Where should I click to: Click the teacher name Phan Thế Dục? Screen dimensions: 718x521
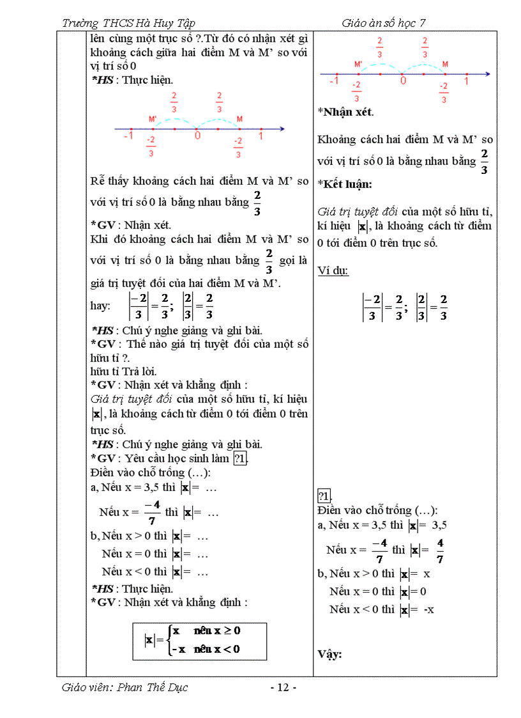tap(125, 688)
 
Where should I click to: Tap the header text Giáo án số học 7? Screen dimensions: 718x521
tap(383, 24)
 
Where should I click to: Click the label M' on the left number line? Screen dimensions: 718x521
tap(153, 120)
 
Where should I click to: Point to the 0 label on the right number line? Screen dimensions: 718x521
tap(402, 81)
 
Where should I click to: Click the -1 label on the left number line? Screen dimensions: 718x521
tap(128, 136)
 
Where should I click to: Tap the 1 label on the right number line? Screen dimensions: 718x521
tap(466, 81)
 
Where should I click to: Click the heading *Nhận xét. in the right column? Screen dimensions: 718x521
tap(345, 111)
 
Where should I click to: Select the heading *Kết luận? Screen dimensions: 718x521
tap(345, 183)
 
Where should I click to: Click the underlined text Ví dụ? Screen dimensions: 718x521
tap(333, 270)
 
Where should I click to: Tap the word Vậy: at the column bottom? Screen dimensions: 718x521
tap(329, 654)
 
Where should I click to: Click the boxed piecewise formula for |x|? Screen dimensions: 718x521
tap(199, 641)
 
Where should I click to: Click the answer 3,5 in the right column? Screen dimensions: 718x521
tap(439, 525)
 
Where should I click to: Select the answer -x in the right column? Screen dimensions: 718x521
tap(428, 609)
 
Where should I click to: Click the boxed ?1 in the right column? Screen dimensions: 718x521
tap(324, 497)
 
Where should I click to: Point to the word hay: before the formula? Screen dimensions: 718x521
tap(102, 306)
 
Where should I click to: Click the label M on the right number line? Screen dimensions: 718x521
tap(444, 65)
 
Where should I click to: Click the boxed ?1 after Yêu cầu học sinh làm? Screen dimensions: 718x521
tap(241, 458)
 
